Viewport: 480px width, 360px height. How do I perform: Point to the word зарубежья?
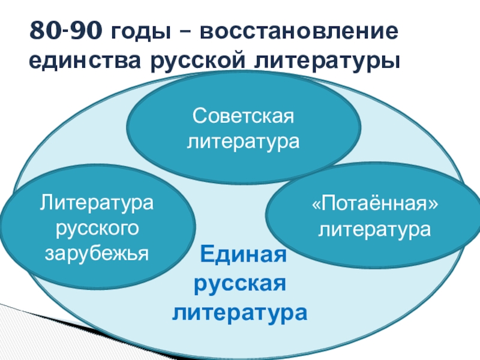coord(97,254)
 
